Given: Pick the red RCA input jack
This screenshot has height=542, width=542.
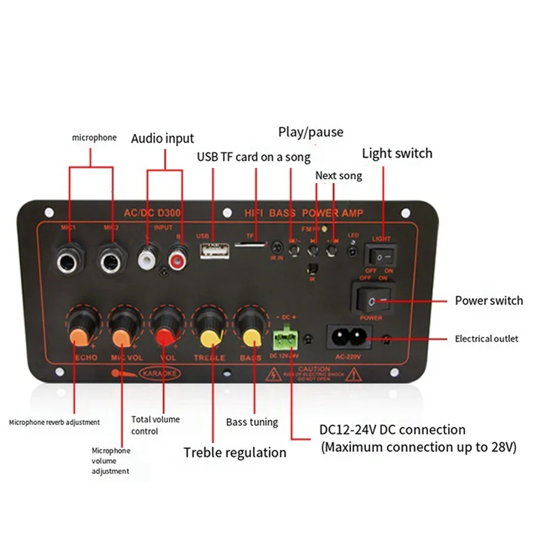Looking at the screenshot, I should (180, 258).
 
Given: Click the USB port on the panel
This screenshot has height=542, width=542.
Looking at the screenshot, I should (212, 251).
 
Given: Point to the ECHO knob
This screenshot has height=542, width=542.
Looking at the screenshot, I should (81, 327).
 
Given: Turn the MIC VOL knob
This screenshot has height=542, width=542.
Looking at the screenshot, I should (123, 327).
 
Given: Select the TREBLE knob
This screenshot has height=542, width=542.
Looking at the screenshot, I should (208, 327).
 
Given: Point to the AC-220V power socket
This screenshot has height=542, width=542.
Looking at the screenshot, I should (347, 335).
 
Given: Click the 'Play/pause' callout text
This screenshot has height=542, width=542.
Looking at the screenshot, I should (310, 132).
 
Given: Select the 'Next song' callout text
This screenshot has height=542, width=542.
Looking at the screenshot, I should (339, 176).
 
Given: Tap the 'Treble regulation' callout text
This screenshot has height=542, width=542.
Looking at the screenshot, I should (235, 452).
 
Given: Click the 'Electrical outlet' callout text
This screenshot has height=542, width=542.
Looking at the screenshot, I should (486, 339).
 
